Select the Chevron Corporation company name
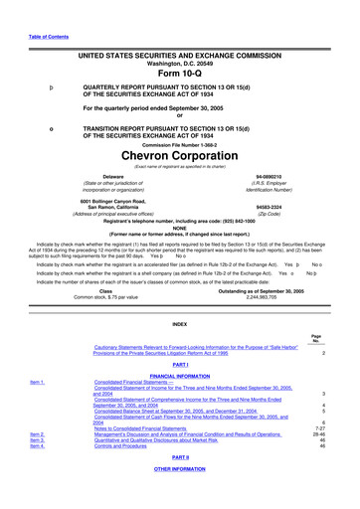click(x=179, y=156)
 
